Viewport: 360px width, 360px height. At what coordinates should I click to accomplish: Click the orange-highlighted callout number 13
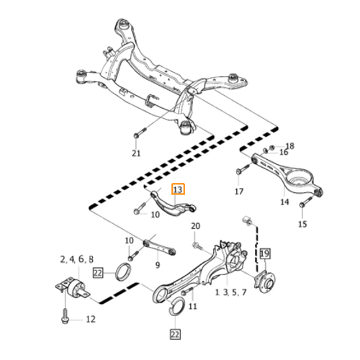point(178,190)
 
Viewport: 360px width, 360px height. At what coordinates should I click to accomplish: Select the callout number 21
point(136,153)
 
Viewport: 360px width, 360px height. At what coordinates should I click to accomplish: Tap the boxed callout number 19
point(265,253)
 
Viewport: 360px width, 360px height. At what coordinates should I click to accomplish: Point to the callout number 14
point(284,202)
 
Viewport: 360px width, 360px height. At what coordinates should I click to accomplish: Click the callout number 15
point(302,224)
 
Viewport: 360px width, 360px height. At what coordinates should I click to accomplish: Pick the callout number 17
point(239,192)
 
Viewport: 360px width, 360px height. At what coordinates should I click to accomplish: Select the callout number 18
point(290,145)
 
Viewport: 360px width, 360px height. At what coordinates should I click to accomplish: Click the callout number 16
point(284,152)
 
